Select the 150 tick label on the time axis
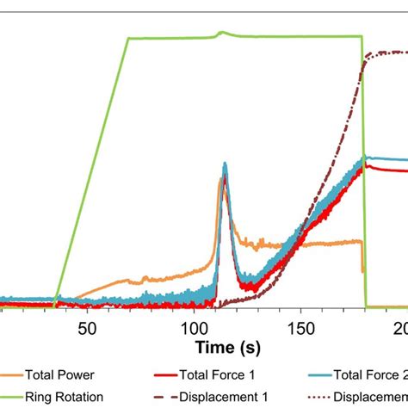click(301, 328)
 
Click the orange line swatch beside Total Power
click(13, 374)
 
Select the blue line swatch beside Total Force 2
click(321, 374)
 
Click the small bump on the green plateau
click(221, 33)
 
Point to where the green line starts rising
click(55, 304)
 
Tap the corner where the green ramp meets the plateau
click(127, 38)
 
